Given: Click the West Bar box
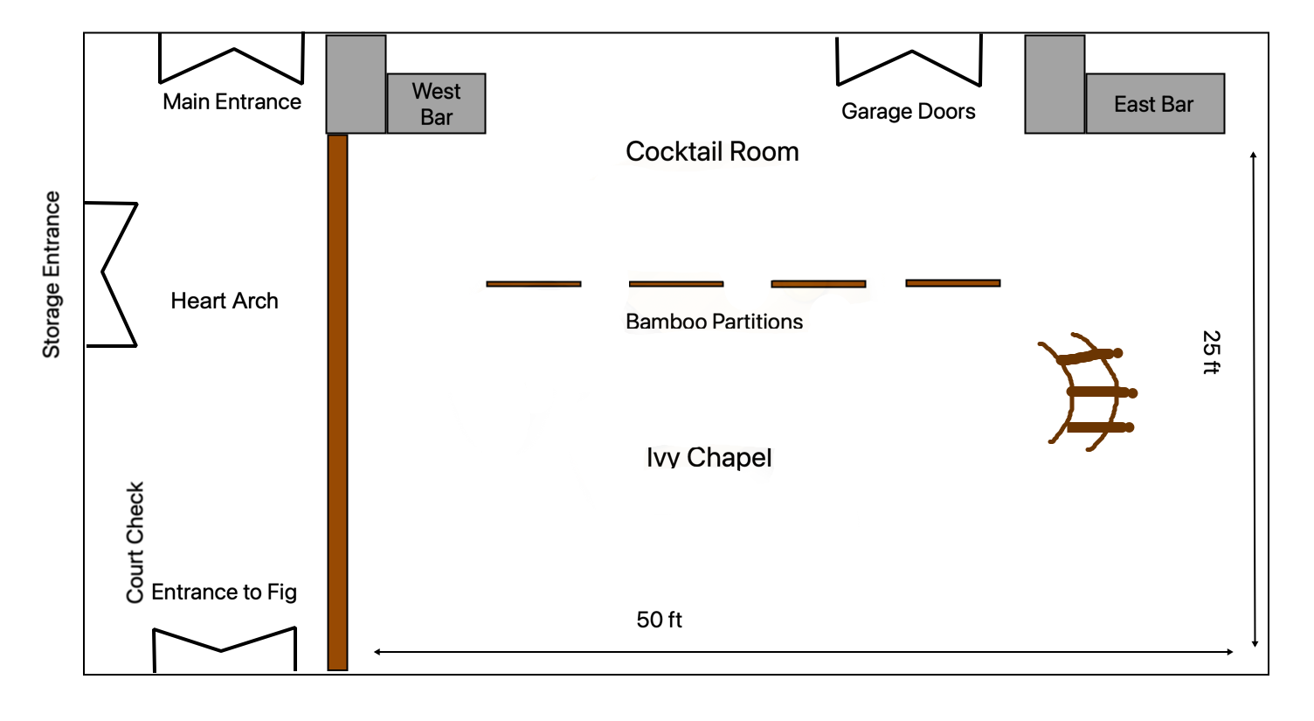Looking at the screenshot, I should pos(436,103).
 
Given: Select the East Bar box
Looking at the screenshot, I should pos(1154,104).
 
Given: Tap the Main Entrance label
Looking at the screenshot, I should pos(232,102).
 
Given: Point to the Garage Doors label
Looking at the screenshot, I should pos(908,112).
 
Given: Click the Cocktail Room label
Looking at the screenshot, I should pos(712,152).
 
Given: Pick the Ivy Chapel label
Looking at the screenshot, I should pos(709,457).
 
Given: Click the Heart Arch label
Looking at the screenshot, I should pos(225,302).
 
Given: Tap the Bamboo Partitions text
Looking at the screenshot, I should pos(714,322).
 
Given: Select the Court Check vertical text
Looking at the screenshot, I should pos(135,542).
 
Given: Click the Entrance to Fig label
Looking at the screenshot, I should pos(224,593).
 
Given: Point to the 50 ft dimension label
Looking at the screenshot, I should pos(659,620).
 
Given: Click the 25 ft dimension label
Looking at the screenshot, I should pos(1211,352).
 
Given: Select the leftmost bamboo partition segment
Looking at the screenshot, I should pos(534,284).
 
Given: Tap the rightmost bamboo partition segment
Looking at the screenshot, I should pos(953,283).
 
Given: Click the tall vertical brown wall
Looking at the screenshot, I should pos(337,402).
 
